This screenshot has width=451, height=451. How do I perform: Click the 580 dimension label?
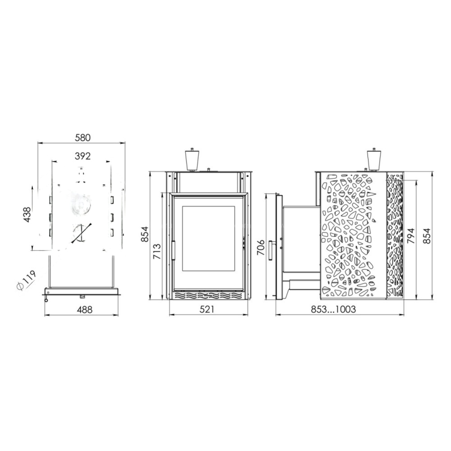coord(83,138)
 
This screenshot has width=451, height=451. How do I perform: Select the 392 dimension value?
coord(83,156)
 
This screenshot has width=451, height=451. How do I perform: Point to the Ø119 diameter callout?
coord(26,280)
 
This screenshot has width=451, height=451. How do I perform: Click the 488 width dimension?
coord(85,310)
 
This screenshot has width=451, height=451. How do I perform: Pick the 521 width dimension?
coord(207,309)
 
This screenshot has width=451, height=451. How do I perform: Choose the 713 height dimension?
coord(157,252)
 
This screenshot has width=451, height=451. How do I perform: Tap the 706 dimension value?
coord(260,247)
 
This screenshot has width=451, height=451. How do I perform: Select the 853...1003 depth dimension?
coord(333,309)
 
